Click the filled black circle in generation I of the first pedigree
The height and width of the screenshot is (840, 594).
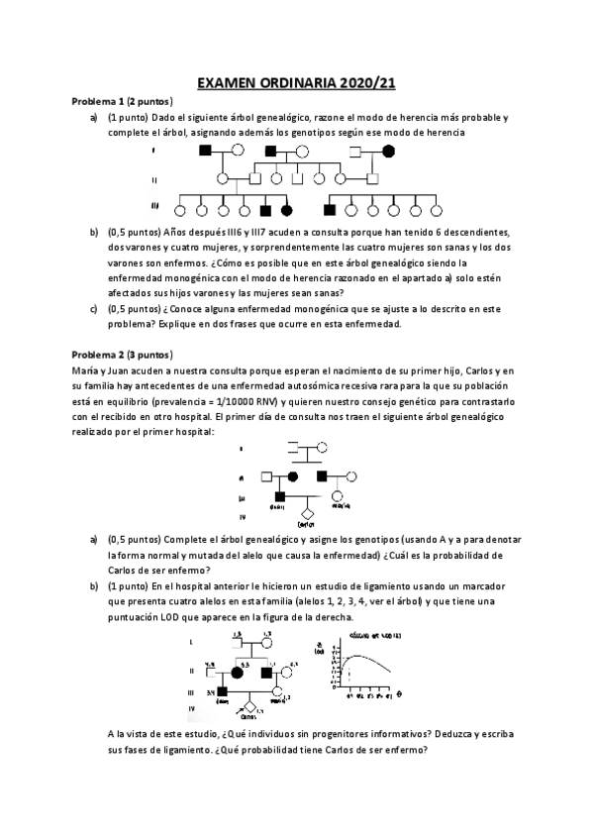coord(389,151)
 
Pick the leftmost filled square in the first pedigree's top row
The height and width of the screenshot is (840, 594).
coord(206,151)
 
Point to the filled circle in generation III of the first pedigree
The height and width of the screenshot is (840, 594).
coord(287,210)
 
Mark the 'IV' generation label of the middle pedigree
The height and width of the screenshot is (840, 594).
coord(243,517)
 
